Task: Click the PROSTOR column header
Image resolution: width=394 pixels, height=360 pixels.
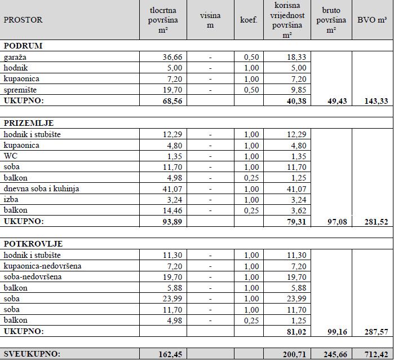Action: click(23, 20)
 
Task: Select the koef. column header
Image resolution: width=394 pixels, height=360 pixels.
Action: click(249, 20)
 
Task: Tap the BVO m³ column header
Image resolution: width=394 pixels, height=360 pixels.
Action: click(372, 20)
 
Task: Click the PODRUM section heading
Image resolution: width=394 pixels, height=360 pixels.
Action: click(23, 46)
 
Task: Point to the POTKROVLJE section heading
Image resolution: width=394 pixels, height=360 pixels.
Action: click(33, 244)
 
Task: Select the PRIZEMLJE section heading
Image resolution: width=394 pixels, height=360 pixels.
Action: click(29, 123)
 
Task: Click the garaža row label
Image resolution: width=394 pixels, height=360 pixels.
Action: click(15, 57)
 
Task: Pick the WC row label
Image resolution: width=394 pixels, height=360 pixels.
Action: click(11, 156)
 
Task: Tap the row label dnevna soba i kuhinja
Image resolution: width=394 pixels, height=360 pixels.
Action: click(41, 188)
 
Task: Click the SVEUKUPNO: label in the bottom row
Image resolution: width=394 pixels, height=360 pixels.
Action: click(32, 354)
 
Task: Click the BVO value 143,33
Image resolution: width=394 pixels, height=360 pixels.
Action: click(375, 100)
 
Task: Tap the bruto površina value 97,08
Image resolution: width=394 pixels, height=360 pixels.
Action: click(335, 222)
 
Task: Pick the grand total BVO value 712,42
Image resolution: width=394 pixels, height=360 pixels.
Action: click(375, 354)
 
